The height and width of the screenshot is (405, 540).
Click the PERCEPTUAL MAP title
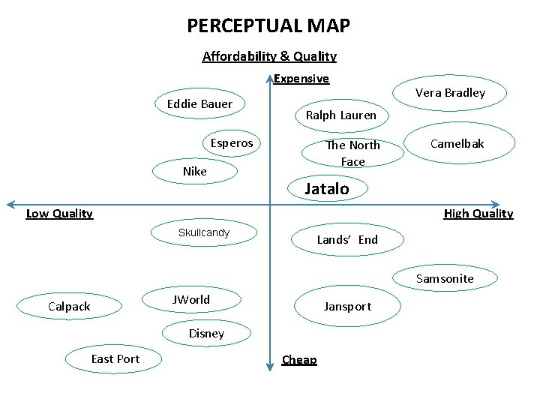tap(268, 26)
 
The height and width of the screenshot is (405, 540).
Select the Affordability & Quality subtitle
tap(269, 56)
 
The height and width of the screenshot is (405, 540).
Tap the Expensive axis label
tap(301, 79)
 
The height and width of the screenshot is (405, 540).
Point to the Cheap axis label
tap(299, 360)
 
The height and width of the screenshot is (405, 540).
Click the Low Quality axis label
tap(59, 214)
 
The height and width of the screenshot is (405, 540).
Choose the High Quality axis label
tap(478, 214)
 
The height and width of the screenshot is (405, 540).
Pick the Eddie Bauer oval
tap(199, 103)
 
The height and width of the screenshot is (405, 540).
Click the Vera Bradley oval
tap(450, 93)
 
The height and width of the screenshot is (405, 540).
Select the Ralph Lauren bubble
tap(341, 115)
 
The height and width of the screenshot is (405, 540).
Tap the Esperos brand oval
tap(232, 142)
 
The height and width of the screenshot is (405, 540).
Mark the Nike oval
tap(195, 171)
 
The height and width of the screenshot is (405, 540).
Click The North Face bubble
tap(352, 153)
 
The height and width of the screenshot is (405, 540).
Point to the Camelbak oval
tap(457, 143)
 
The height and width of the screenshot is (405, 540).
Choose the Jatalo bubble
tap(327, 189)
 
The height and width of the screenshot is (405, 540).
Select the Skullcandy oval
tap(204, 233)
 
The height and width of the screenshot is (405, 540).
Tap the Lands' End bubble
tap(347, 240)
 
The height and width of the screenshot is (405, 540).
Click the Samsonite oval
tap(445, 279)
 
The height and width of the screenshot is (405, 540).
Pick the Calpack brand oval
tap(69, 306)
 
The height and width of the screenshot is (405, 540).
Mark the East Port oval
tap(115, 359)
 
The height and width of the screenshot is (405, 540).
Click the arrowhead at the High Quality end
tap(496, 204)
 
